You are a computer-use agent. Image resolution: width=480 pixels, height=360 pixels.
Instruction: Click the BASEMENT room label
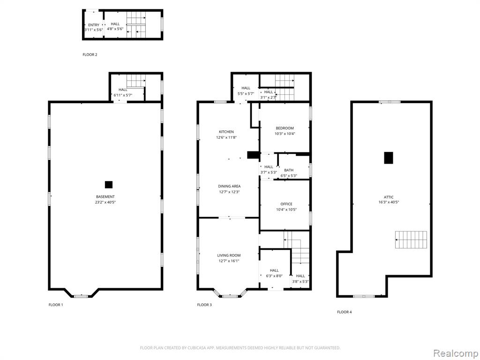[x=105, y=197]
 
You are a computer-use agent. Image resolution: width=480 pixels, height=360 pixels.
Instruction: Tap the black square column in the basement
[x=109, y=185]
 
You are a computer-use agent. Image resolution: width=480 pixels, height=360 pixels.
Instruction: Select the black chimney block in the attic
[x=389, y=158]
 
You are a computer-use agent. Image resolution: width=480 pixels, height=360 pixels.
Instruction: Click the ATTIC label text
[x=389, y=197]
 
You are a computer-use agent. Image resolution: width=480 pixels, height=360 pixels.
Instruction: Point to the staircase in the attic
[x=411, y=240]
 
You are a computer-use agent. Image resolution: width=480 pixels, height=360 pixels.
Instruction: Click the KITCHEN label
[x=226, y=132]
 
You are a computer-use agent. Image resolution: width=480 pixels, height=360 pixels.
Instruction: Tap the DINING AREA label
[x=229, y=186]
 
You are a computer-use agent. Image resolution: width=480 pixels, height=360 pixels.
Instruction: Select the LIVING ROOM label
[x=229, y=255]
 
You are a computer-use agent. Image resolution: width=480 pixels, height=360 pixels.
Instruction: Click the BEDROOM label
[x=285, y=128]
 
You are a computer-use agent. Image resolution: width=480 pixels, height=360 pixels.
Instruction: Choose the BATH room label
[x=289, y=170]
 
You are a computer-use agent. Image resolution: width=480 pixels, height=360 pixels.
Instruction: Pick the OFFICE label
[x=286, y=204]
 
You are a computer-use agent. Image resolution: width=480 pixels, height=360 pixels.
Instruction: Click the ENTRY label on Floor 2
[x=94, y=25]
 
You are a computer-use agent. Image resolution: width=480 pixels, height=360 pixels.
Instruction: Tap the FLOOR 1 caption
[x=56, y=305]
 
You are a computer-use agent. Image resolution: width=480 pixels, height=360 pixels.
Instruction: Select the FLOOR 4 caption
[x=345, y=312]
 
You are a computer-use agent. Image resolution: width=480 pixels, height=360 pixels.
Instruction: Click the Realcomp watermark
[x=455, y=353]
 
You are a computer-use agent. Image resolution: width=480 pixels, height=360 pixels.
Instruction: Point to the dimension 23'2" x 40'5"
[x=105, y=202]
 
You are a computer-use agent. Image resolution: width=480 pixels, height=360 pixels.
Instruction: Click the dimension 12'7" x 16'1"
[x=229, y=261]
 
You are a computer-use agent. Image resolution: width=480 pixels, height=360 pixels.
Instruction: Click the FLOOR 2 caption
[x=90, y=55]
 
